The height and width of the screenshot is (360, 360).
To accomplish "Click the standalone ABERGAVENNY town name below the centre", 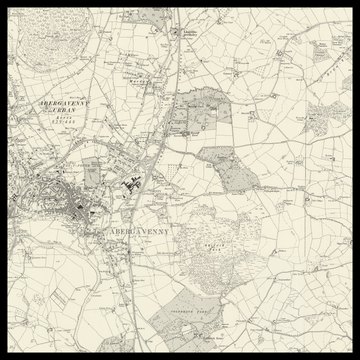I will (137, 231).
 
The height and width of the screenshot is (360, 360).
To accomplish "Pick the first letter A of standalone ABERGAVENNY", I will (106, 231).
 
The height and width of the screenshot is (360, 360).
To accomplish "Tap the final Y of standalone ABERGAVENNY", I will (168, 231).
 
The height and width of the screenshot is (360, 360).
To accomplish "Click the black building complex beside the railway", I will (130, 187).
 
